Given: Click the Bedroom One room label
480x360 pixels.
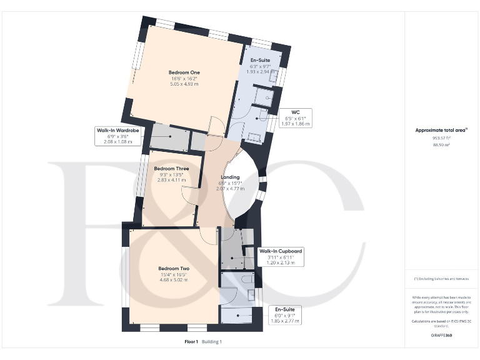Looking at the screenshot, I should pos(184,72).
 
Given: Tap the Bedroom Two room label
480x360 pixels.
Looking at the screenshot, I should pos(174,269).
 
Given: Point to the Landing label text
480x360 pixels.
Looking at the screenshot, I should pos(230,177).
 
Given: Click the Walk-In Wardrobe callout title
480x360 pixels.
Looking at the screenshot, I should pos(117,130).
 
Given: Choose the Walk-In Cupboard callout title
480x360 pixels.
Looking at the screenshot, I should pos(281,251).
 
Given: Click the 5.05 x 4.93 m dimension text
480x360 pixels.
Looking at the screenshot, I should pos(184,84).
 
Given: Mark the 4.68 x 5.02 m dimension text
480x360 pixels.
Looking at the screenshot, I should pos(174,280).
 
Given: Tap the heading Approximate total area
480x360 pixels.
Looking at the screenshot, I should pos(441,130).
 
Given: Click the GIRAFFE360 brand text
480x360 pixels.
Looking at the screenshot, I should pos(442,336).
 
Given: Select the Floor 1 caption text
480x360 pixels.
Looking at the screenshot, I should pos(191,342).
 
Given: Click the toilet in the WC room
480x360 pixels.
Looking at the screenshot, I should pos(262,117).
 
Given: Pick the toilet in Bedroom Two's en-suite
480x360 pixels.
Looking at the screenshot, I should pos(250,293).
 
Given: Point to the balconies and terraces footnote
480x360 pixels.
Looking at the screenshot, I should pos(442,279).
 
